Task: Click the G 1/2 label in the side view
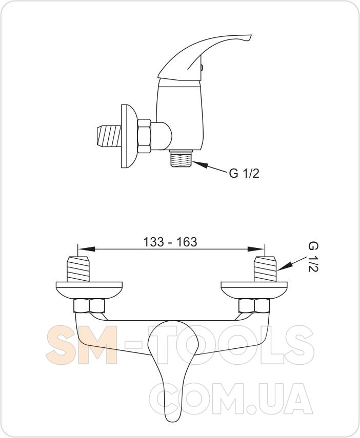tap(244, 174)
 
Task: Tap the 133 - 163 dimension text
tap(170, 242)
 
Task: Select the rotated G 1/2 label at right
tap(313, 257)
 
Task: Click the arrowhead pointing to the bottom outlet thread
tap(199, 164)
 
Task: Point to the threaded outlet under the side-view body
tap(181, 158)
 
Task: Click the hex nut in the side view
tap(144, 136)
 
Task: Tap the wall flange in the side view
tap(129, 136)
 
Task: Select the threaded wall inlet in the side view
tap(109, 136)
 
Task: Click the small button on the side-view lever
tap(203, 68)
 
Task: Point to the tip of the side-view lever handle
tap(251, 36)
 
